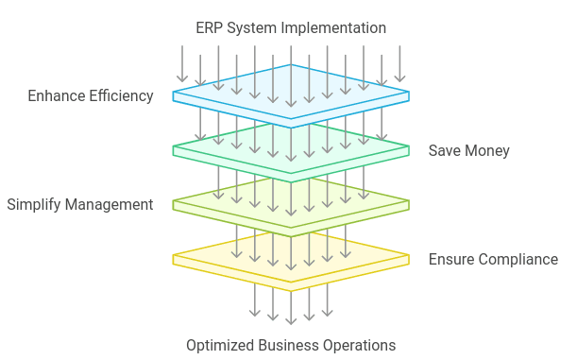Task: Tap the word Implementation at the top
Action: [336, 26]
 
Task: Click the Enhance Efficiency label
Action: [91, 95]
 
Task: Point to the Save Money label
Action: [469, 150]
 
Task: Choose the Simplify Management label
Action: [80, 204]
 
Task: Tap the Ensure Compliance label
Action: [493, 259]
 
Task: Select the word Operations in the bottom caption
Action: [360, 345]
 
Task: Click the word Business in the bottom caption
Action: [289, 345]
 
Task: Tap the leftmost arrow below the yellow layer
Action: [254, 300]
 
